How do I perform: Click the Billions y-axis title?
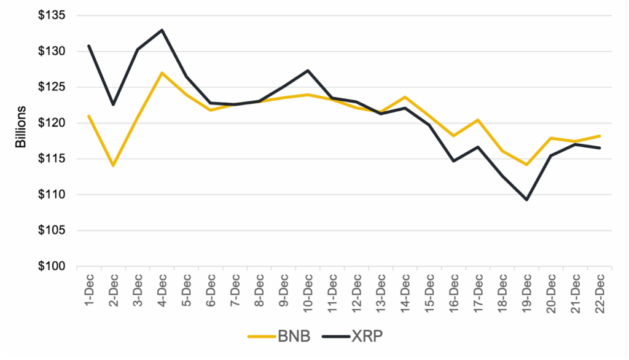click(21, 126)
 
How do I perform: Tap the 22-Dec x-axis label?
click(600, 292)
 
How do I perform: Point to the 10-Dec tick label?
click(308, 292)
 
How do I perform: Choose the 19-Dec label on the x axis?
click(527, 292)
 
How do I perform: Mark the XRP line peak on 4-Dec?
click(162, 30)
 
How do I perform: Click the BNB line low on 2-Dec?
click(113, 166)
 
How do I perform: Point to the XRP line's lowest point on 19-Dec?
click(527, 200)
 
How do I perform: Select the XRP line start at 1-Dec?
click(89, 46)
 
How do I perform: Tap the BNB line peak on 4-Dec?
click(162, 73)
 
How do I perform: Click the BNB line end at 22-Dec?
click(600, 136)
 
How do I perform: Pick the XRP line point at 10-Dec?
click(308, 71)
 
